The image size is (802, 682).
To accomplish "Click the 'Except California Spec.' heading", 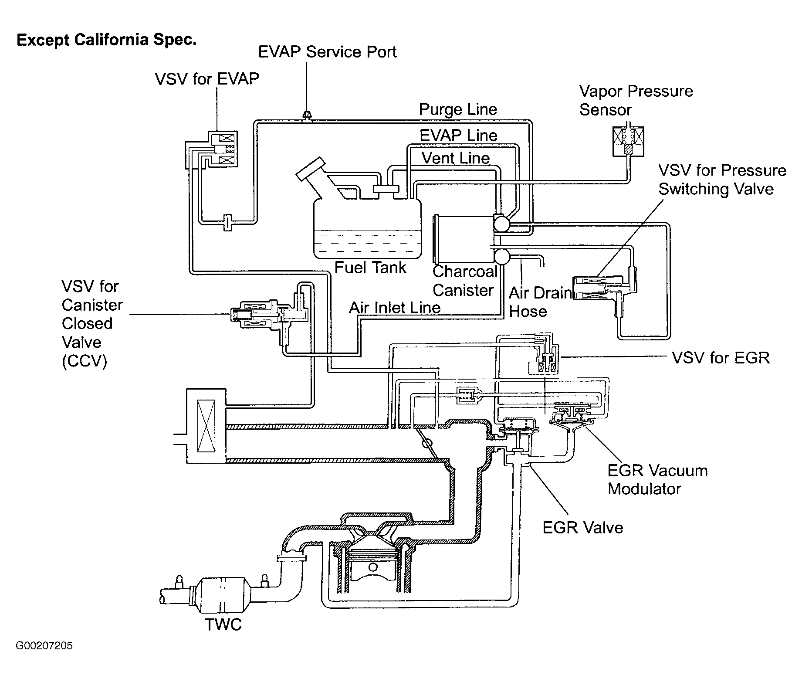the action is (107, 40).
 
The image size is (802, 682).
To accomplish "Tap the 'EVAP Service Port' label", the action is (327, 52).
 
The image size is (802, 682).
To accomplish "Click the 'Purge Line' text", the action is (458, 109).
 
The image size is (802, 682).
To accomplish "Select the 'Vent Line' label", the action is (456, 158).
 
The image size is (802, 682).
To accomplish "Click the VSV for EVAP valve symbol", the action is (222, 149).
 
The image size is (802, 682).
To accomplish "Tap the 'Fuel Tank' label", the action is (370, 267).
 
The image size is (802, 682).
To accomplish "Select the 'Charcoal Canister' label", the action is (465, 281).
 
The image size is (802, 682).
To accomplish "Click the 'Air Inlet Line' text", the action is (395, 308).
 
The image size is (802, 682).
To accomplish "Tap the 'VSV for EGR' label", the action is (721, 358).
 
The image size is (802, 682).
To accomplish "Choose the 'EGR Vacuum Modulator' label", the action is (657, 479).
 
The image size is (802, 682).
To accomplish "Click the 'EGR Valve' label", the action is (582, 528).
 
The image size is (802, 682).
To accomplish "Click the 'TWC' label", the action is (223, 624).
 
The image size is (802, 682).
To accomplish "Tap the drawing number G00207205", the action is (44, 645).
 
